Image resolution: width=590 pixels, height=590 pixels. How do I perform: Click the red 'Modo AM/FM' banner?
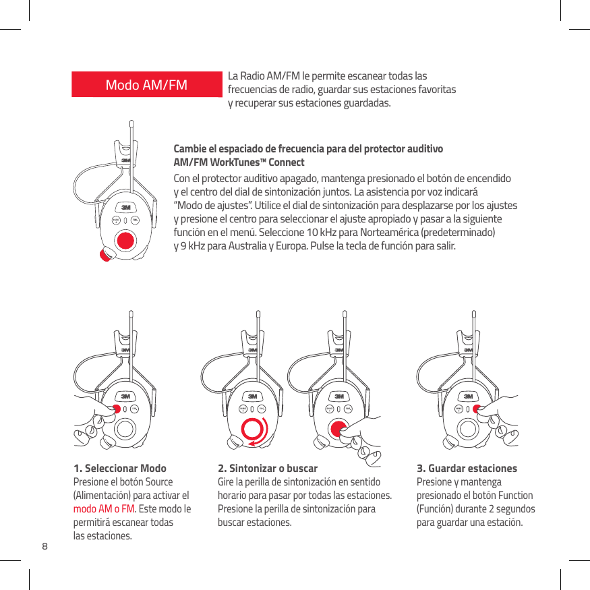point(147,84)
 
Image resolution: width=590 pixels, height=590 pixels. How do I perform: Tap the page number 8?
point(45,545)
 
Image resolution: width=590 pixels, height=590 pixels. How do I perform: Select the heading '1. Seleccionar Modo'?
point(120,468)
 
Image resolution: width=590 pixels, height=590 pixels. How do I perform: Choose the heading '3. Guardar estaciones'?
point(467,468)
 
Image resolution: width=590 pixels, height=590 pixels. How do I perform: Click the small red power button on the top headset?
point(106,254)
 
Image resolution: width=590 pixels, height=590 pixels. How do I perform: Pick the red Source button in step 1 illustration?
point(116,409)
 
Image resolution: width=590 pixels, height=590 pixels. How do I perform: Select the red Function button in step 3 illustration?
point(476,409)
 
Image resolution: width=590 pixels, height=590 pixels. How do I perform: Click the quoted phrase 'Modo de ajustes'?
point(209,205)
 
